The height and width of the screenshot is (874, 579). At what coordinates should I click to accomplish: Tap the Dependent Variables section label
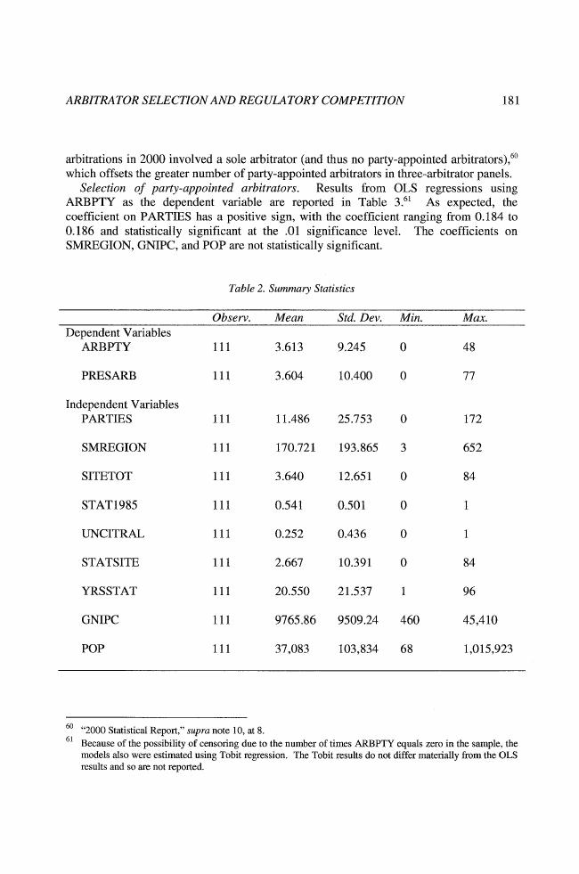(x=121, y=332)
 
